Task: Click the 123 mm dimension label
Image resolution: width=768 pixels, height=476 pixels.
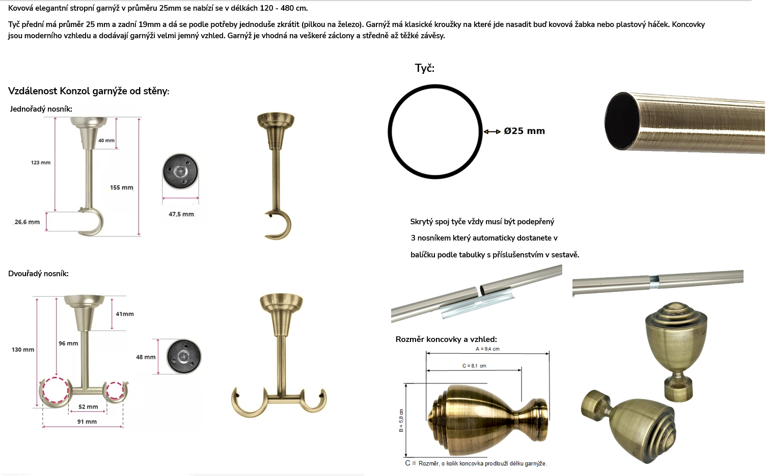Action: coord(40,163)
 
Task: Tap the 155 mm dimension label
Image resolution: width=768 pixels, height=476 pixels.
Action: coord(121,188)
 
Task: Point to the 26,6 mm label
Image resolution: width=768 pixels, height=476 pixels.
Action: coord(27,222)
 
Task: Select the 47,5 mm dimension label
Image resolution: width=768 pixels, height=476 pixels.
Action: coord(181,214)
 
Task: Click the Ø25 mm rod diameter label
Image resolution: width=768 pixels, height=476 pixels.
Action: coord(524,131)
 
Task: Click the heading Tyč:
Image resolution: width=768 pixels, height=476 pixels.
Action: coord(424,68)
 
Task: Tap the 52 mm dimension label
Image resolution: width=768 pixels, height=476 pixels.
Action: coord(88,407)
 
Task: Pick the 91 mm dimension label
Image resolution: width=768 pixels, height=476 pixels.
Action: coord(87,421)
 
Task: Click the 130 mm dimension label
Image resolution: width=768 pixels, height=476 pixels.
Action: coord(23,350)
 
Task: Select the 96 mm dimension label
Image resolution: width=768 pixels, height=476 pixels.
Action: coord(68,343)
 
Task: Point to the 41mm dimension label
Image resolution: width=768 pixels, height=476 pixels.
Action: coord(124,314)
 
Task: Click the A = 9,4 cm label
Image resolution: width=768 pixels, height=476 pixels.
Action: coord(487,349)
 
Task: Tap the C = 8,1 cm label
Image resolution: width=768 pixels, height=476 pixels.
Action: coord(474,366)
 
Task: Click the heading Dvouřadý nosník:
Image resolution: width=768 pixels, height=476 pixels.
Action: coord(38,274)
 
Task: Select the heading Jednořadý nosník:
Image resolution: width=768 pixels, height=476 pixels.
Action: coord(41,109)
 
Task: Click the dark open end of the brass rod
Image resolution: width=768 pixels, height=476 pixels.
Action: coord(621,121)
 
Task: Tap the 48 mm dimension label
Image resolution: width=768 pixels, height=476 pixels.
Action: coord(146,357)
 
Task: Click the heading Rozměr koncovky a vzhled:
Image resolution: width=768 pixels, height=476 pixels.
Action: coord(446,339)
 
